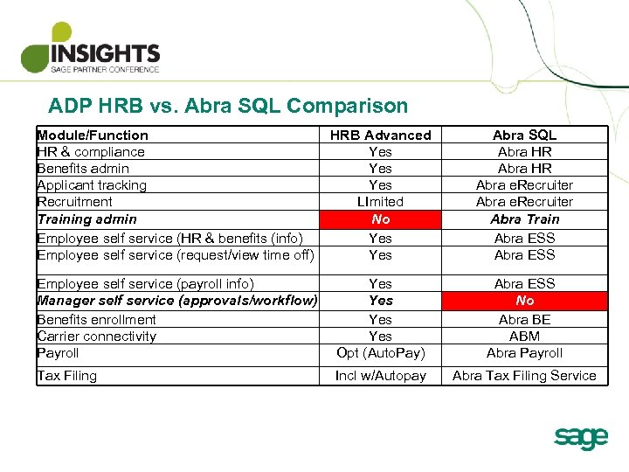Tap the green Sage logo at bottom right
[x=580, y=437]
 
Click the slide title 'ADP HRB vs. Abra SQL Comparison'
[x=228, y=107]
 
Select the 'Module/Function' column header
[x=93, y=135]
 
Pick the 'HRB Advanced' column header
[x=380, y=135]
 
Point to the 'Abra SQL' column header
[x=524, y=135]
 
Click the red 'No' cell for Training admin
[x=380, y=219]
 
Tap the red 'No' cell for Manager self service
[x=524, y=301]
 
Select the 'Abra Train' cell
[x=524, y=219]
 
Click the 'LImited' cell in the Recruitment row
[x=380, y=202]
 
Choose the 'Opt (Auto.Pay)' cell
[x=380, y=353]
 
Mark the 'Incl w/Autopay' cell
[x=380, y=376]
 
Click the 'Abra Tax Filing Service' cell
[x=524, y=376]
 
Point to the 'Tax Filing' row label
[x=67, y=376]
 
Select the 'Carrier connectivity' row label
[x=97, y=337]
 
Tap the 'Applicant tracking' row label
[x=92, y=185]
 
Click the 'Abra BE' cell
[x=524, y=320]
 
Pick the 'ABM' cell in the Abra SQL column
[x=524, y=337]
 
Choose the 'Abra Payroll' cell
[x=524, y=353]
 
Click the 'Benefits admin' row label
[x=83, y=169]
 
